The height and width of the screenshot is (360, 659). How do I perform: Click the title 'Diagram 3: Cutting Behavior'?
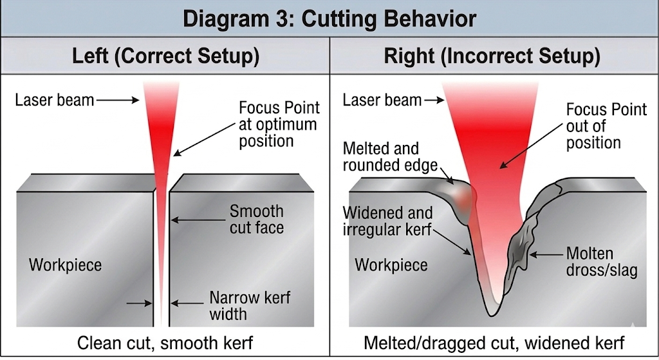coord(329,18)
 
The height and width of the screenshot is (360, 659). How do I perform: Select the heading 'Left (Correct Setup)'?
coord(165,56)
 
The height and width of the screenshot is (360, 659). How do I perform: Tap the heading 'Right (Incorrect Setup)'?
coord(492,56)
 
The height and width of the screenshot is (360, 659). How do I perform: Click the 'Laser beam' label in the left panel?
coord(54,100)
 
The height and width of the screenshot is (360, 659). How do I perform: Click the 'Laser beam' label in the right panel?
coord(382,100)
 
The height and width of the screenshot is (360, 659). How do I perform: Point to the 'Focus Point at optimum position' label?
coord(279,124)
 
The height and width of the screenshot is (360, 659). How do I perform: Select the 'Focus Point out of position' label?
coord(606,126)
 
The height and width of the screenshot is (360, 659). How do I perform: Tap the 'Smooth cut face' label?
coord(256,219)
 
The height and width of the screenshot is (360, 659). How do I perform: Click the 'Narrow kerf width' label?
coord(250,306)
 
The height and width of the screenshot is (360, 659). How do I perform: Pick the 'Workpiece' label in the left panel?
coord(65,265)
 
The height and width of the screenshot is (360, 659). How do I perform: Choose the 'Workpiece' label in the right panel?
coord(391,265)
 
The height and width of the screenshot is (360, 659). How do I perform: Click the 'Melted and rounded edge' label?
coord(381,157)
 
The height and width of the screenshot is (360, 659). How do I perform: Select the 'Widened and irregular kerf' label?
coord(387,221)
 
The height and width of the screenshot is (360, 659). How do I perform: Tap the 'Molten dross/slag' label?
coord(602,261)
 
